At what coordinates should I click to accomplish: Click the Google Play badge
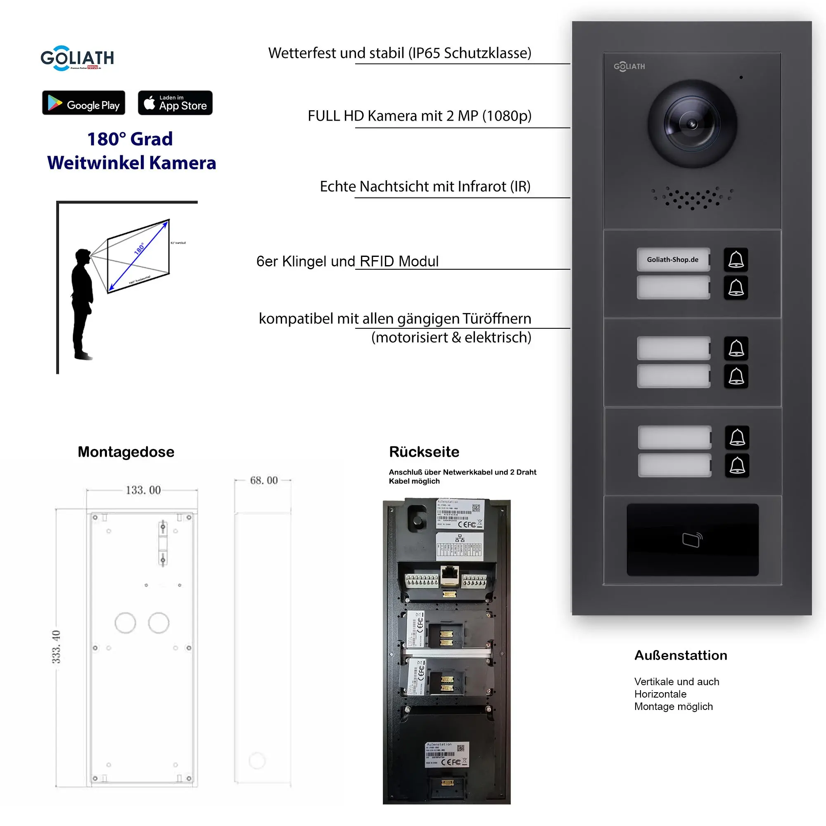83,103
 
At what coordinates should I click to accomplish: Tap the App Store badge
175,103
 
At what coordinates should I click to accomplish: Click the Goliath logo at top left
77,58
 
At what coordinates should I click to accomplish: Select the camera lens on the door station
692,124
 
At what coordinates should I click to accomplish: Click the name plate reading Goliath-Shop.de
673,259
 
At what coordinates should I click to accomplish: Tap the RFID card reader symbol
692,539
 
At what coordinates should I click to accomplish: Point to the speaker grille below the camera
692,198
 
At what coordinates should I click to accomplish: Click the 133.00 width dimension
143,490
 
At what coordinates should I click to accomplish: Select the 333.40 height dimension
57,646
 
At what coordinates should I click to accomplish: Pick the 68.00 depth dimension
264,480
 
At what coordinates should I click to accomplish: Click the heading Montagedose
126,452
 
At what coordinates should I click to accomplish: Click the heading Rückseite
424,452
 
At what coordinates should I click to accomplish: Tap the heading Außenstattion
681,655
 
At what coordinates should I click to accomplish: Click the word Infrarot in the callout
482,186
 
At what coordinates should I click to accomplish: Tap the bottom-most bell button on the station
737,465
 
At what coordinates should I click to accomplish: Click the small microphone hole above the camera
741,77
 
